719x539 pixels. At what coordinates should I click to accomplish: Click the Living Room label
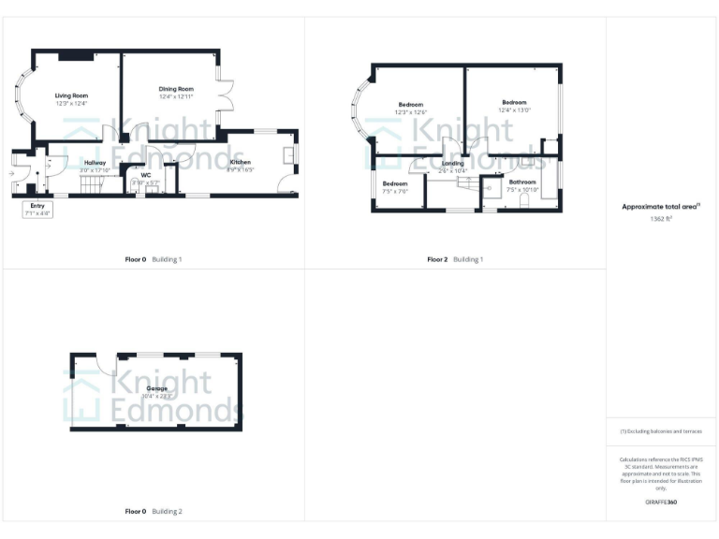tap(71, 95)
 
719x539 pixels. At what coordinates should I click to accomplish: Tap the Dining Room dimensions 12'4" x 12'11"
tap(175, 96)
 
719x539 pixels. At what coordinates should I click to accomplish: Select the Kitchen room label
tap(241, 162)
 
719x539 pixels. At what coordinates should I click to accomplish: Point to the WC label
tap(146, 175)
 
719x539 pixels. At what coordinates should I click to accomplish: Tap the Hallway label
tap(95, 163)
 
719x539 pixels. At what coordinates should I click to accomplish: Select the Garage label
tap(156, 387)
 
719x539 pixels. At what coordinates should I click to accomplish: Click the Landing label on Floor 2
tap(453, 163)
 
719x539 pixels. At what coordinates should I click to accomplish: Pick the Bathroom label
tap(522, 182)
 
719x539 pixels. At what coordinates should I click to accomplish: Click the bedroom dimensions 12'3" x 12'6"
tap(411, 112)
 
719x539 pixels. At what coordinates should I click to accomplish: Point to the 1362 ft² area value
tap(661, 219)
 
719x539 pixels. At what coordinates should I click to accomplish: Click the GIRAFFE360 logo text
tap(661, 503)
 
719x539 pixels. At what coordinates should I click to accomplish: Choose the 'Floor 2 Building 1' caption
tap(455, 259)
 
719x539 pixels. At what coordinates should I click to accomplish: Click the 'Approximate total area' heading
tap(661, 207)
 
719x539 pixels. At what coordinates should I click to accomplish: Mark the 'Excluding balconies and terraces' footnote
tap(661, 430)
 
